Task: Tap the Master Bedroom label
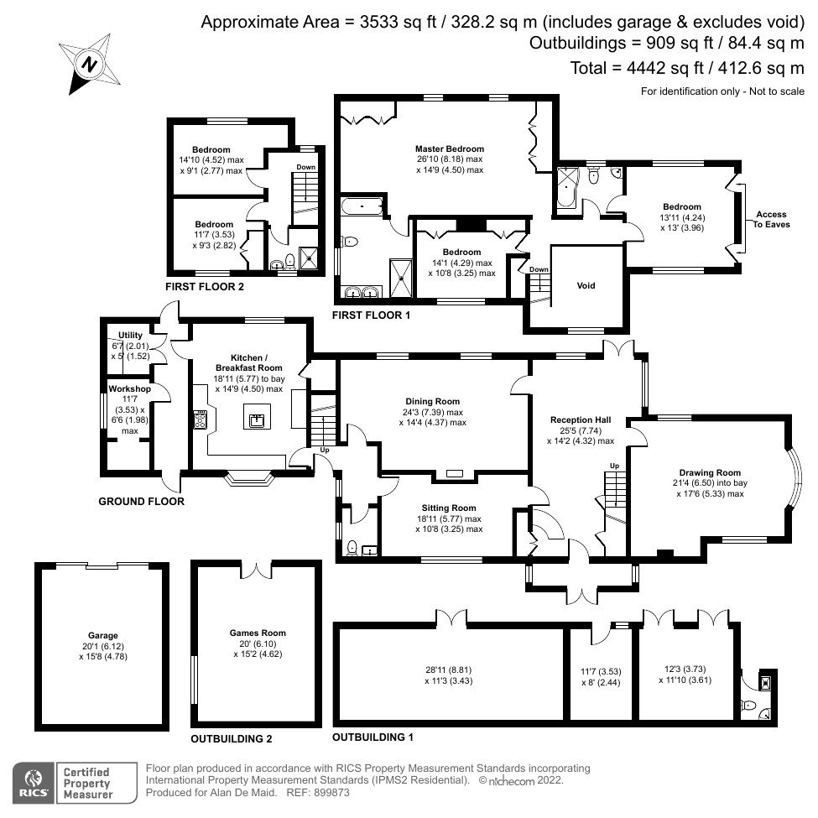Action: pos(449,148)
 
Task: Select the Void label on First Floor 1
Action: pos(586,286)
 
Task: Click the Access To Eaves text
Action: pos(772,219)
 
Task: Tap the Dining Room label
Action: pos(432,402)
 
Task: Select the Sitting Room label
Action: pos(448,508)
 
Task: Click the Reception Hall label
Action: pos(581,419)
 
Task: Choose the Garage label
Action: pos(103,635)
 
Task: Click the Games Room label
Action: pos(258,633)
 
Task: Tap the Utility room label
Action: pos(131,336)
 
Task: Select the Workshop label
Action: pos(129,389)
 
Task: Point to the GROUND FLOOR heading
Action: pos(141,502)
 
